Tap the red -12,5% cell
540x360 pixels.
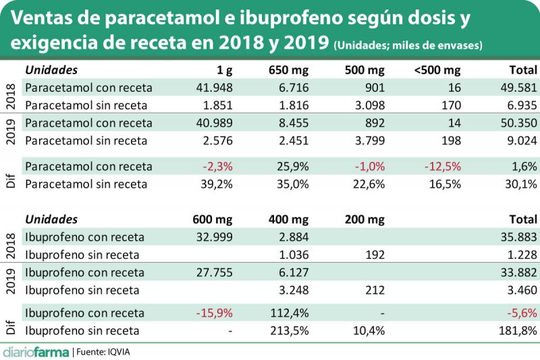point(442,166)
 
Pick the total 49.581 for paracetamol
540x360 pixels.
point(518,87)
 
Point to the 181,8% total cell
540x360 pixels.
point(518,330)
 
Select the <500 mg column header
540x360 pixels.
point(437,70)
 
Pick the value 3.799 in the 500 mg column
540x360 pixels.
point(369,140)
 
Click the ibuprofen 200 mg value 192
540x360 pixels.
point(375,255)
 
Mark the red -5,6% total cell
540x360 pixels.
point(521,313)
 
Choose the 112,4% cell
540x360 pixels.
point(291,313)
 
